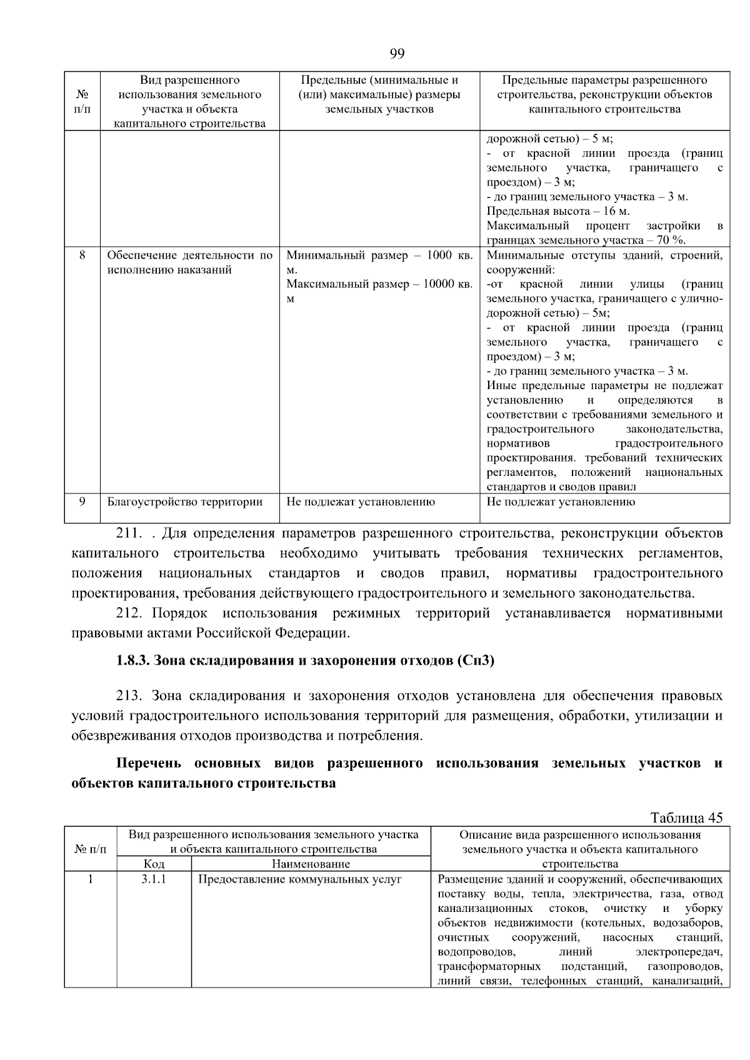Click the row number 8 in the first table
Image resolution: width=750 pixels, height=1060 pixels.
[82, 255]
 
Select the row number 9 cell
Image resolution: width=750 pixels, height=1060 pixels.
[82, 502]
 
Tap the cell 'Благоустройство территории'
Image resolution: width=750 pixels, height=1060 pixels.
[184, 502]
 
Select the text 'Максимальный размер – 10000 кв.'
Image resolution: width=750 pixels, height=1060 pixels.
[379, 284]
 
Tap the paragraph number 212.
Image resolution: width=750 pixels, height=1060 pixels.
[129, 613]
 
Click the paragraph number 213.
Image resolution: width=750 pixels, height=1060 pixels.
[129, 696]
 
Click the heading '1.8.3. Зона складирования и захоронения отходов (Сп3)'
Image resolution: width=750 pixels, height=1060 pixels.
[304, 660]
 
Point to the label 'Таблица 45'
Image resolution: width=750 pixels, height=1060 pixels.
[686, 818]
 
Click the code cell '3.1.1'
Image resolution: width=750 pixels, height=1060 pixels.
[154, 879]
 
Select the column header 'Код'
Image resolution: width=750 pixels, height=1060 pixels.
[154, 864]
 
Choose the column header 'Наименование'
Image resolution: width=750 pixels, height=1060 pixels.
[311, 864]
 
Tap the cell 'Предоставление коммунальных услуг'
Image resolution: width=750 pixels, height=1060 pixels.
[299, 879]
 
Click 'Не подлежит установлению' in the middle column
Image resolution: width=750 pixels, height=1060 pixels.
[361, 502]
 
